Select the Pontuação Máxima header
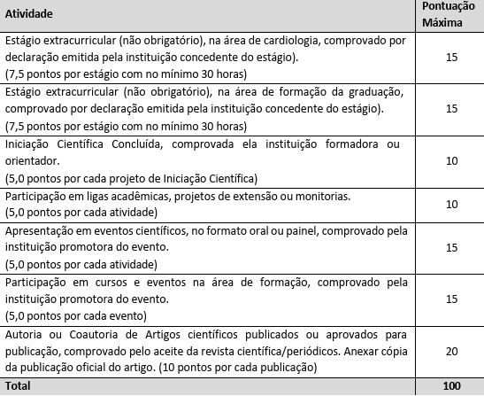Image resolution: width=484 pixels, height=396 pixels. (451, 15)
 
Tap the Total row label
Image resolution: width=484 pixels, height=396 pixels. (19, 386)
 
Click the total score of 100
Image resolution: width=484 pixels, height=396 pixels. (451, 386)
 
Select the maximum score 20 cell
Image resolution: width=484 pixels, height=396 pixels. (451, 351)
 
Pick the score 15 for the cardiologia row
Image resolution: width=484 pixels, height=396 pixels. (451, 57)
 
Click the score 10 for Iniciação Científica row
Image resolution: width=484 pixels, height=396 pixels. (451, 160)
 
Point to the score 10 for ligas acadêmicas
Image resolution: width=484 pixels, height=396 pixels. (451, 204)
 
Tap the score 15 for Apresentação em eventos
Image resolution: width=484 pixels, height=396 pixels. (451, 247)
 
